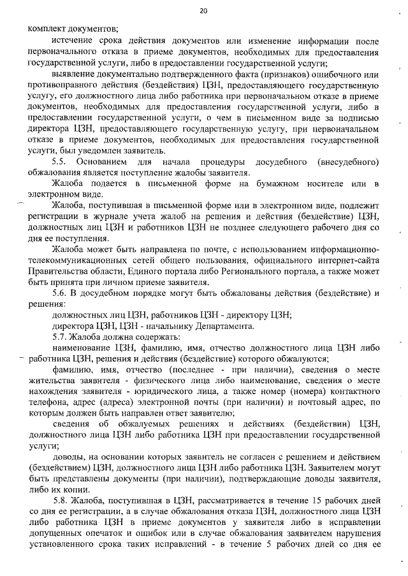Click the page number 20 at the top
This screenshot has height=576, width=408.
coord(203,11)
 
